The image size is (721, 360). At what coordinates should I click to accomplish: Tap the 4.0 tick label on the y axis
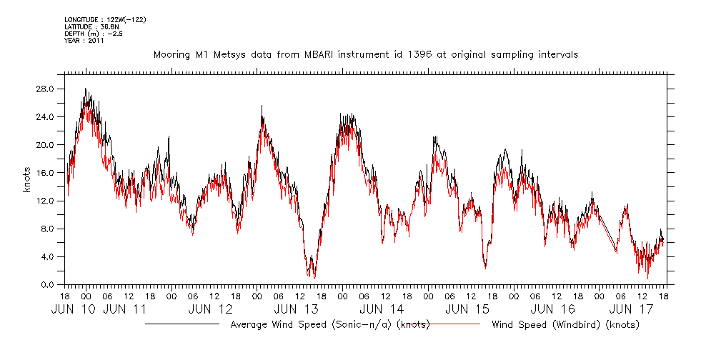point(49,256)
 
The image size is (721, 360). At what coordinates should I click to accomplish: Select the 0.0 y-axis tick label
point(49,284)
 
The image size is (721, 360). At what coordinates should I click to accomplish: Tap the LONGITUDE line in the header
point(105,19)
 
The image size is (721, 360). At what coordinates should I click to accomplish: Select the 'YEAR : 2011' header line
point(84,41)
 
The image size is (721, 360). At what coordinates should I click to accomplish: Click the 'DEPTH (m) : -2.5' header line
point(94,34)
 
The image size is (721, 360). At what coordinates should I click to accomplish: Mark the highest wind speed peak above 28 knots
point(85,89)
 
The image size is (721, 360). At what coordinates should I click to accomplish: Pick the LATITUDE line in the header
point(91,26)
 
